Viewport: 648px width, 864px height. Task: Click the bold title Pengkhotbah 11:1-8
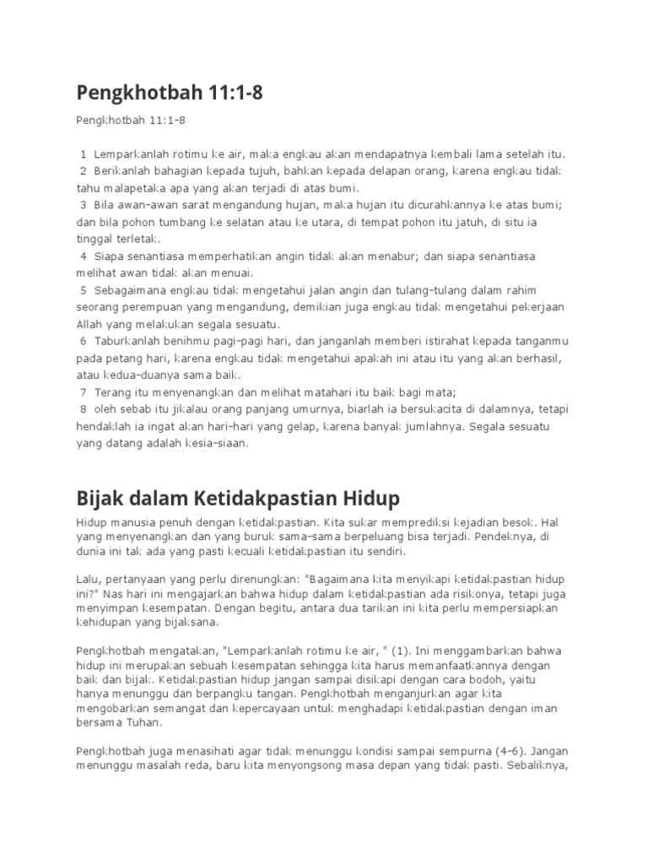coord(169,93)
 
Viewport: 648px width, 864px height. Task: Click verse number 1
coord(84,154)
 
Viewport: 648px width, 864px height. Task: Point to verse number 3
coord(84,205)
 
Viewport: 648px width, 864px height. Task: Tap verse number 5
coord(84,290)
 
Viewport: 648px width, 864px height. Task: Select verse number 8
coord(84,409)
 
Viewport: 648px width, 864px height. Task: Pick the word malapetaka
coord(133,188)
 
